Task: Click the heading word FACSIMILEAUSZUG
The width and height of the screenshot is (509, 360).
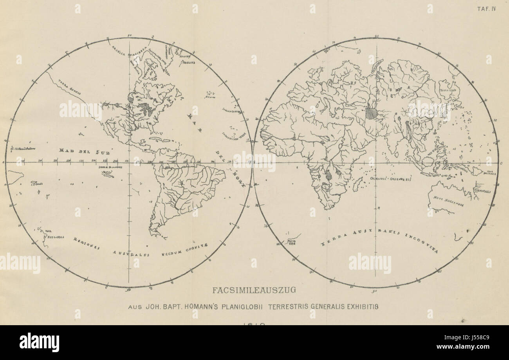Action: (254, 291)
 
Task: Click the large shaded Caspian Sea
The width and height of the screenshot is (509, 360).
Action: (371, 113)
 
